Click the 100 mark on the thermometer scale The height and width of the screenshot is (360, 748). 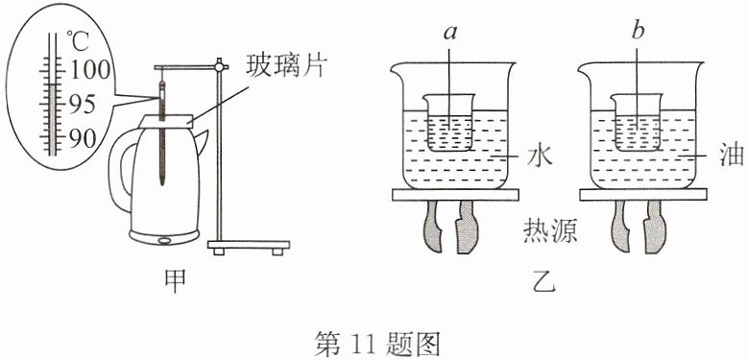(90, 71)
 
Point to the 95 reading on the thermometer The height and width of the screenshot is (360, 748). (83, 105)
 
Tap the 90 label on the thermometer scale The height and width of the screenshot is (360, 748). (83, 138)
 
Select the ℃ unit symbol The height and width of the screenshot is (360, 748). (78, 41)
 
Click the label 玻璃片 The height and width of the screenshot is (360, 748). (285, 68)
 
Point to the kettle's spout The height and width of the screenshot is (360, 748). (201, 142)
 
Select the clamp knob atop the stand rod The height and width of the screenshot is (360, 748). (220, 66)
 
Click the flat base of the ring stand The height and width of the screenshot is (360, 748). (249, 246)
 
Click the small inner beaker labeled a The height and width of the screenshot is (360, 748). (448, 123)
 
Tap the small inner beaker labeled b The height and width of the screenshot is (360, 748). (636, 123)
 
